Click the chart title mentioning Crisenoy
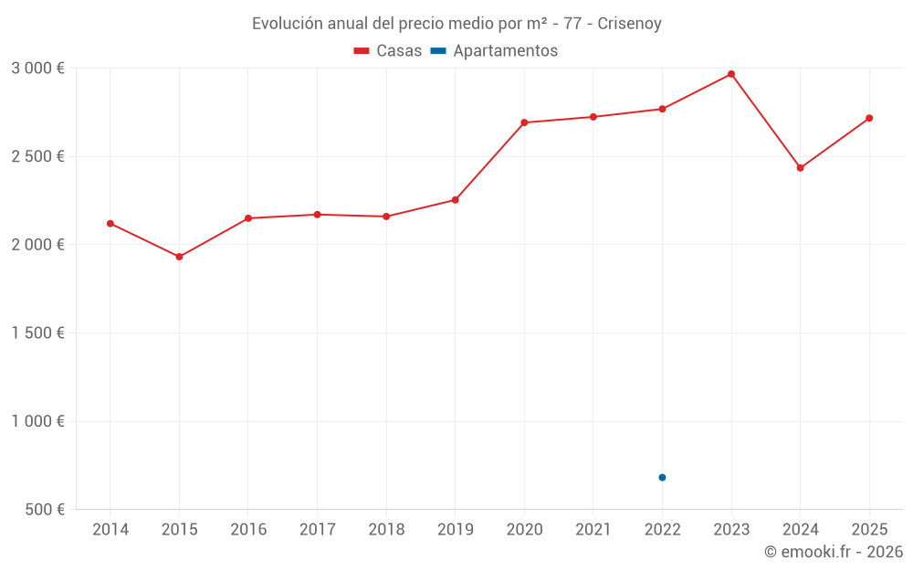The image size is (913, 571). [456, 24]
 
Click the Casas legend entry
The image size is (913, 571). [388, 51]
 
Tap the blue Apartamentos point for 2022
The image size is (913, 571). [662, 478]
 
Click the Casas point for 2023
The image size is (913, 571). [731, 74]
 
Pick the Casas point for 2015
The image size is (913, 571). [179, 257]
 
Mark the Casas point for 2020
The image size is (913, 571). [524, 122]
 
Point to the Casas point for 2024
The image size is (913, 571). [800, 168]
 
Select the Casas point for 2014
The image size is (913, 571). [110, 224]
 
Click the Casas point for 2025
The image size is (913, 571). [869, 118]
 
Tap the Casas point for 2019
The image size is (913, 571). [456, 200]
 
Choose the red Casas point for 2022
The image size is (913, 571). [662, 109]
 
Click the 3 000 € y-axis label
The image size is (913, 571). [37, 69]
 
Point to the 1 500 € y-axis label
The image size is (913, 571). [37, 333]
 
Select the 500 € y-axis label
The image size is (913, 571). [45, 510]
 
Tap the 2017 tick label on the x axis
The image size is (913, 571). [317, 530]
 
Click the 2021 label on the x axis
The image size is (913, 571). [593, 530]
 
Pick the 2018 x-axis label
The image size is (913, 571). [386, 530]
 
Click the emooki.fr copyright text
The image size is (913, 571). [834, 552]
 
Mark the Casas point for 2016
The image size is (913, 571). [248, 218]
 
